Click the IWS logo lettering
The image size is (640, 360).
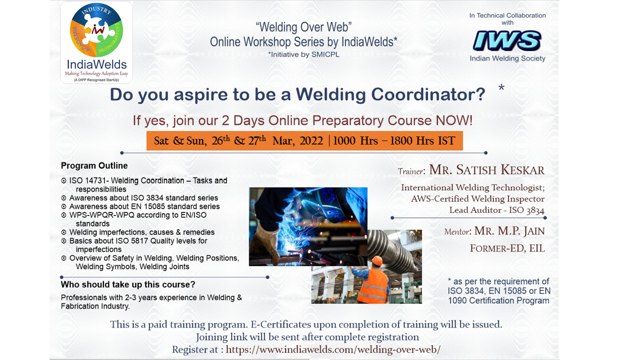pyautogui.click(x=507, y=41)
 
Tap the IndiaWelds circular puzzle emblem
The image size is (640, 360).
pyautogui.click(x=96, y=30)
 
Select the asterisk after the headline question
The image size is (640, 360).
pyautogui.click(x=501, y=87)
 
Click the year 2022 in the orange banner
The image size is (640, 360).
pyautogui.click(x=311, y=141)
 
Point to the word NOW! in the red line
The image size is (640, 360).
pyautogui.click(x=454, y=120)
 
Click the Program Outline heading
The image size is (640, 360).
pyautogui.click(x=94, y=165)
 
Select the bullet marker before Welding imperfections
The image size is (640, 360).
pyautogui.click(x=63, y=232)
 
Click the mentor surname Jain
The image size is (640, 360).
pyautogui.click(x=534, y=231)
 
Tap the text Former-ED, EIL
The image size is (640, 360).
pyautogui.click(x=507, y=248)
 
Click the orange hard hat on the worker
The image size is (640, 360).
pyautogui.click(x=377, y=260)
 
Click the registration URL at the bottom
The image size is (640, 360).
pyautogui.click(x=333, y=349)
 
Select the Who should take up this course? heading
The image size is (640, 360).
pyautogui.click(x=128, y=284)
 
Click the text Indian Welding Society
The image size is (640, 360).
pyautogui.click(x=507, y=58)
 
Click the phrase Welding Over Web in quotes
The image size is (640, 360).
pyautogui.click(x=303, y=27)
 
